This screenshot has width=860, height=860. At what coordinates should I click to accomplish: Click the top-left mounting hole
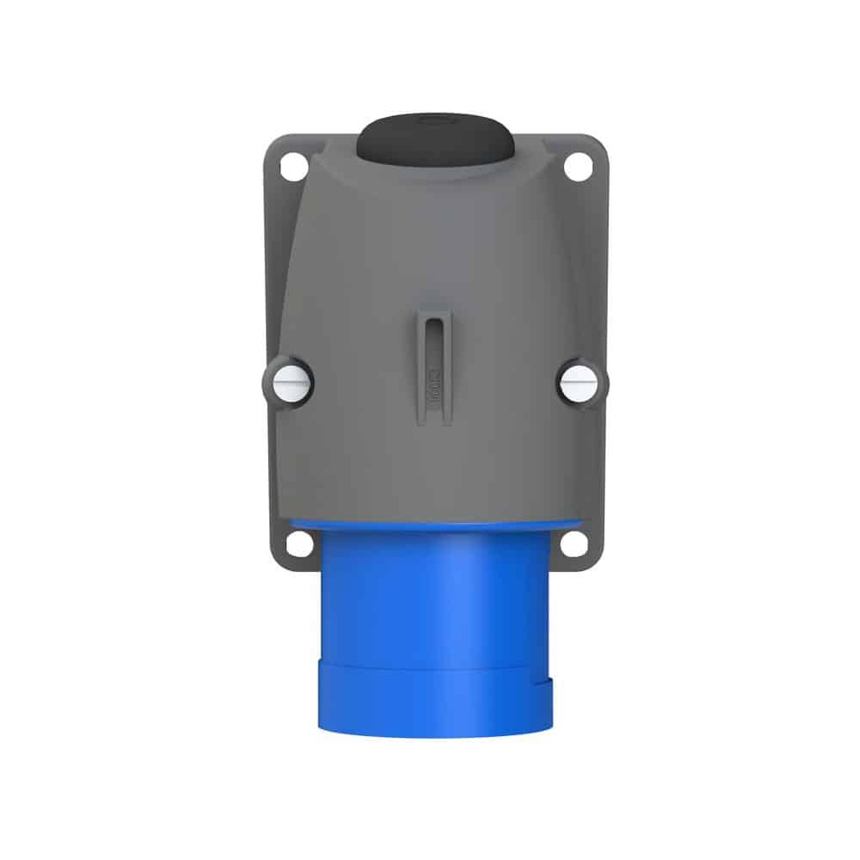pyautogui.click(x=293, y=166)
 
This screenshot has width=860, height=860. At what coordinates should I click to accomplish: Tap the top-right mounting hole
pyautogui.click(x=577, y=166)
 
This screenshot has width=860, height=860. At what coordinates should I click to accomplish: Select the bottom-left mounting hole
pyautogui.click(x=298, y=543)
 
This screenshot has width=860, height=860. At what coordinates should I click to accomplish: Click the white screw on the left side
pyautogui.click(x=290, y=381)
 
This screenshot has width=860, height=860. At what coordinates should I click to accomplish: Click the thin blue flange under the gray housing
pyautogui.click(x=434, y=524)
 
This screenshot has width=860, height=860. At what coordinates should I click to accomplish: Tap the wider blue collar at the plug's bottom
pyautogui.click(x=435, y=697)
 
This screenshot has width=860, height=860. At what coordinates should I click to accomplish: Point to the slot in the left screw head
pyautogui.click(x=290, y=381)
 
